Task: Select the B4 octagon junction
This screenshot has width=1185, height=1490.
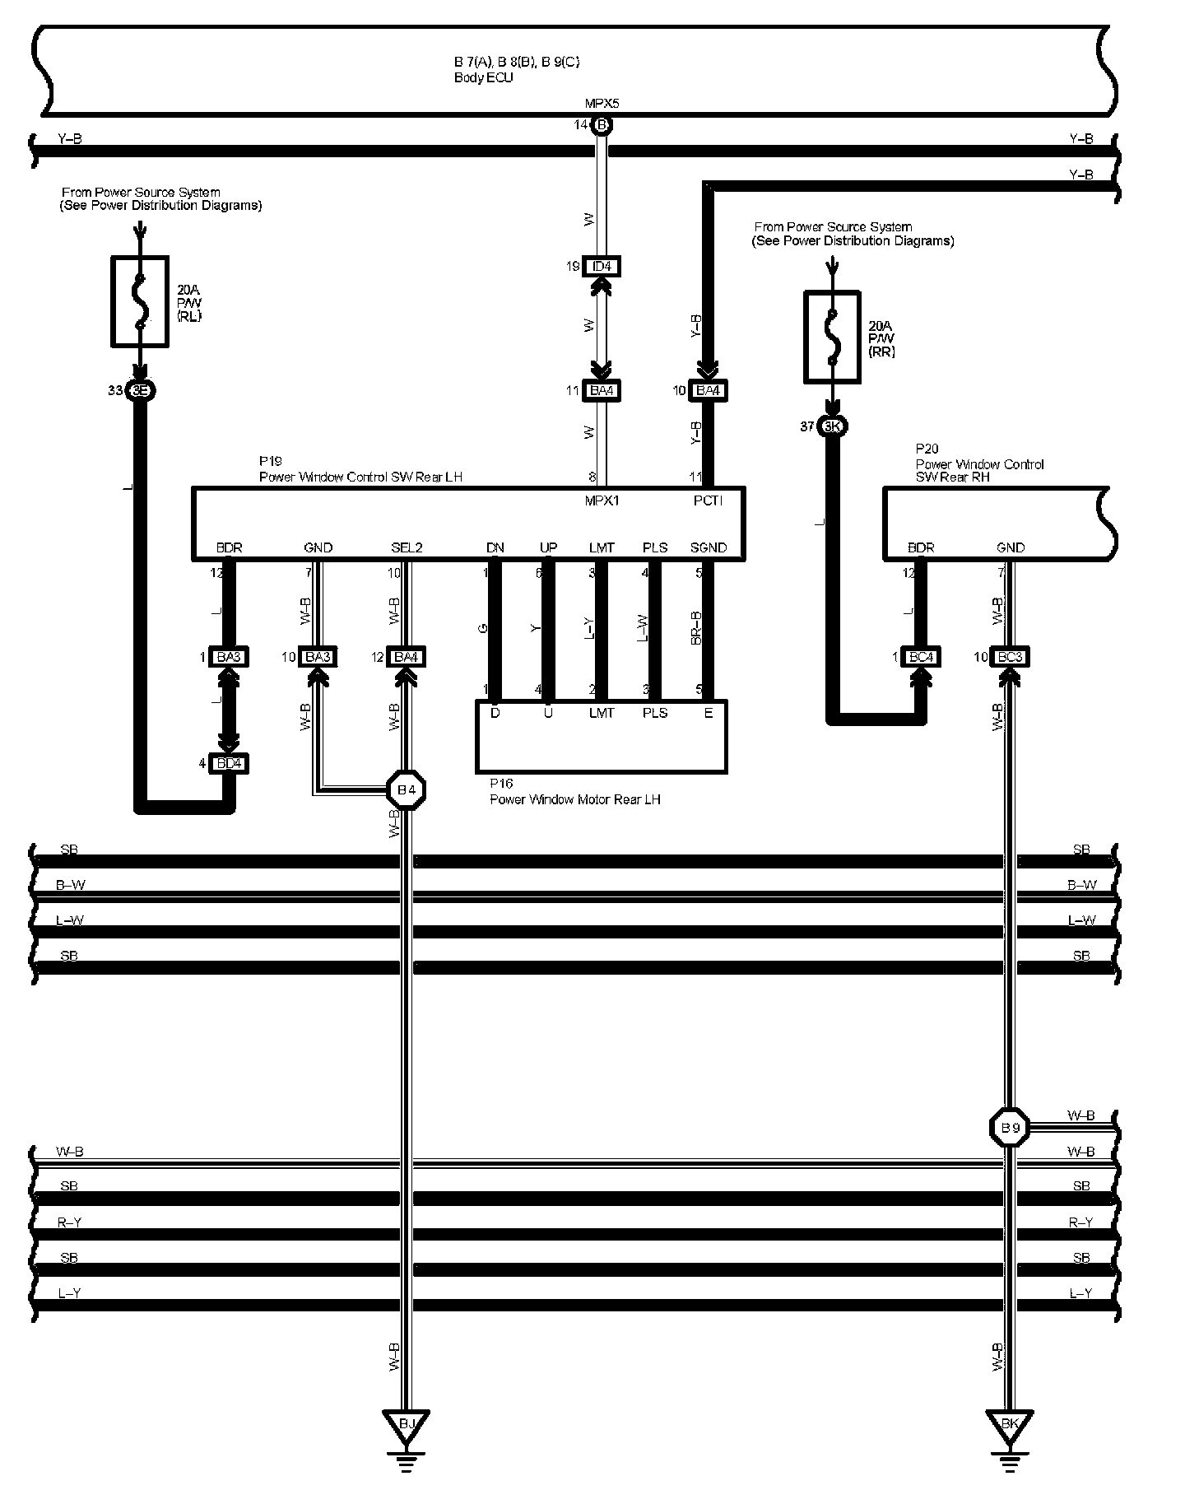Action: coord(406,791)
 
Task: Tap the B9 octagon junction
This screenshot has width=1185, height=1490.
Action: coord(1010,1128)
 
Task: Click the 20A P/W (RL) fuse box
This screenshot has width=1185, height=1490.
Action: coord(140,300)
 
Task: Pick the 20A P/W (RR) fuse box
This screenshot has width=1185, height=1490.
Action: coord(832,337)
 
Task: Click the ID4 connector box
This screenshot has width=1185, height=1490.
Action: coord(602,267)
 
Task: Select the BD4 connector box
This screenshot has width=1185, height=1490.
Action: coord(228,764)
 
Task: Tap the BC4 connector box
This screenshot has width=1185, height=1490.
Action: coord(921,657)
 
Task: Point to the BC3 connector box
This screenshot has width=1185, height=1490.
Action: coord(1011,657)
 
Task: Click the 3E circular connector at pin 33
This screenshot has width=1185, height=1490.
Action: coord(140,391)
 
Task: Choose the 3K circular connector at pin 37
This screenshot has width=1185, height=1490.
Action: coord(833,426)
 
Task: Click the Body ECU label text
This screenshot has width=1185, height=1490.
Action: coord(483,78)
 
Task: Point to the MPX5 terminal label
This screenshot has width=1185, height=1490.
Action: coord(602,104)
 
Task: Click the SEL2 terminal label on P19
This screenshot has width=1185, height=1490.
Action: coord(407,547)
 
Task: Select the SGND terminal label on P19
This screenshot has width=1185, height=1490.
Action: coord(708,547)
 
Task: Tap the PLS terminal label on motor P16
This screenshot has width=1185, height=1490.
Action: coord(654,713)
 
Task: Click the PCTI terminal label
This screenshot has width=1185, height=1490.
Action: coord(708,501)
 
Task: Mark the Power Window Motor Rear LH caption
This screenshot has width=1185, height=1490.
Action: coord(574,799)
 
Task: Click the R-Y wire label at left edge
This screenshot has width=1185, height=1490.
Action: coord(69,1222)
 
